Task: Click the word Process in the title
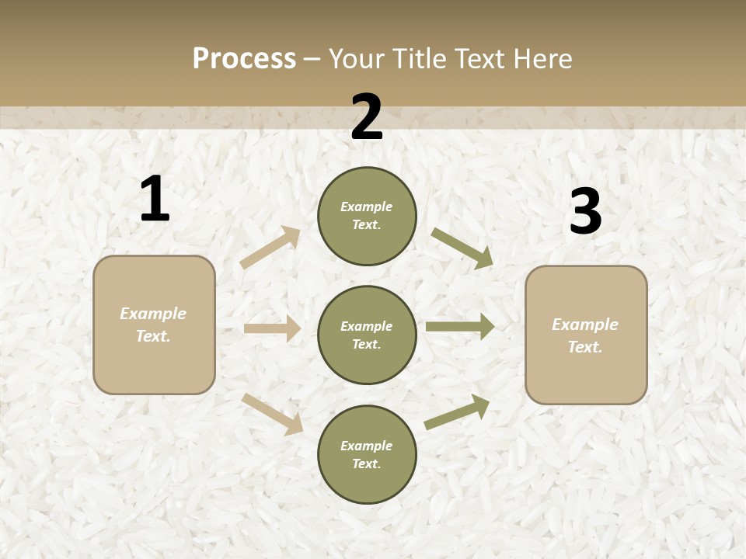[244, 59]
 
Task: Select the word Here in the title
[542, 59]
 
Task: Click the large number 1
[155, 200]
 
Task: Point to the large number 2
[367, 117]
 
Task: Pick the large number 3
[585, 212]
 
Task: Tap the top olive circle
[367, 216]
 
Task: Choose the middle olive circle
[367, 335]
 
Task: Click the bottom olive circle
[367, 454]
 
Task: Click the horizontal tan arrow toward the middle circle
[272, 328]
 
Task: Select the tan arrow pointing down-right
[273, 414]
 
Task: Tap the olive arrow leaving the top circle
[462, 248]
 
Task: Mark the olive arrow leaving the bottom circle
[458, 411]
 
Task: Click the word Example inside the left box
[153, 314]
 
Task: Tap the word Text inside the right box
[584, 347]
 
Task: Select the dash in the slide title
[312, 59]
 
